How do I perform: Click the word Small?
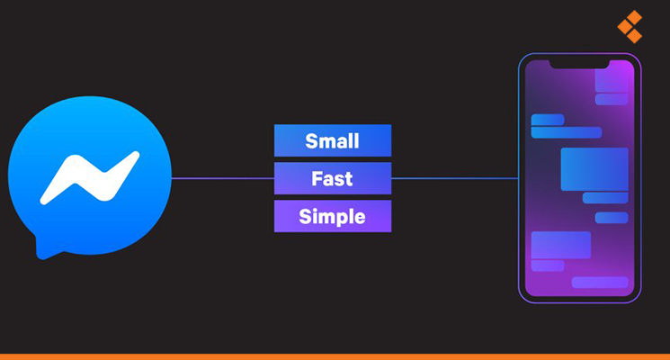332,141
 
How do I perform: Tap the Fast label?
332,178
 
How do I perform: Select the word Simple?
332,216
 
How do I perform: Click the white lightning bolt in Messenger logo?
90,177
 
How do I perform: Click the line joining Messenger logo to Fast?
223,178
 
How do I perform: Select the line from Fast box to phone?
455,178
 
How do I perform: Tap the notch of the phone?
579,65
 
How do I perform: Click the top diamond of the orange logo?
634,17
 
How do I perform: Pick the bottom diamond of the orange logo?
634,36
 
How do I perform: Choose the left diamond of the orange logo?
625,27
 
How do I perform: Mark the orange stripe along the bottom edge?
335,356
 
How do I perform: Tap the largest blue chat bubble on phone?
594,169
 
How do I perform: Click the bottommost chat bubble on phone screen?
600,283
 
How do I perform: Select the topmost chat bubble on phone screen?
612,80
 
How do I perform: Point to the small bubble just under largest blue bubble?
605,198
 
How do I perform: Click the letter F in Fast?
317,178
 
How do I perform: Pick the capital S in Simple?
305,216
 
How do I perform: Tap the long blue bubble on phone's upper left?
567,132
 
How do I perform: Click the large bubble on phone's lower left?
560,245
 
